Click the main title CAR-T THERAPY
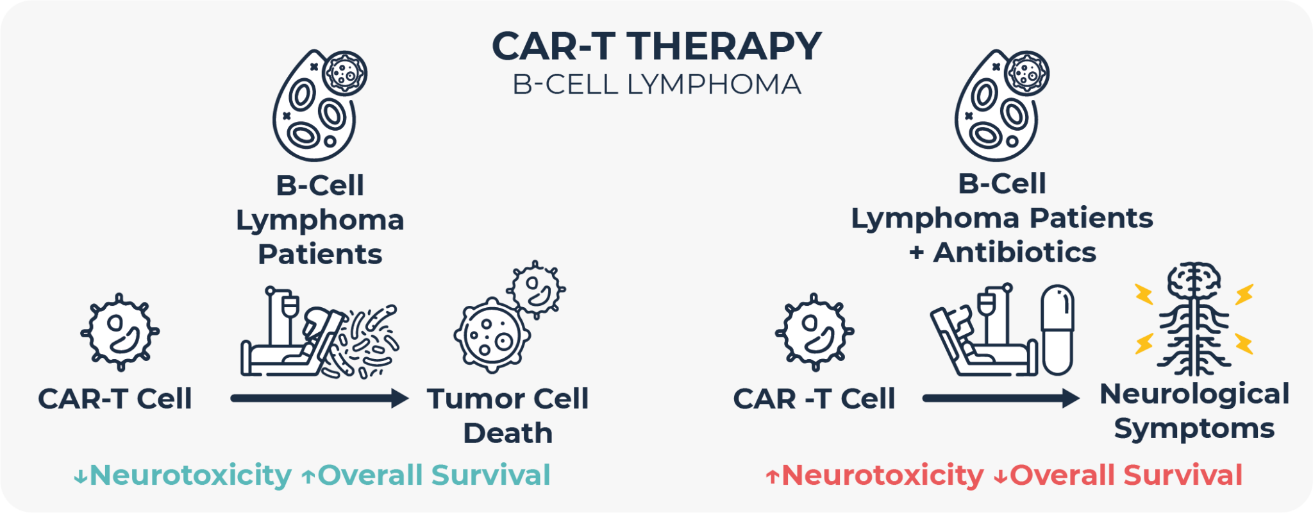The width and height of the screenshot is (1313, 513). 656,46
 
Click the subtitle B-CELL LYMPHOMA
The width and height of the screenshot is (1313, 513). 656,85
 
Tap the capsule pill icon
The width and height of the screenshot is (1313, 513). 1057,330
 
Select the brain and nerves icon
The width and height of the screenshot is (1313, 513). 1194,319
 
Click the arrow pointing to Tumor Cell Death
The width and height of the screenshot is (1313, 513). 319,398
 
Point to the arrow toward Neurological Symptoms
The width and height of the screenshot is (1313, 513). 1000,398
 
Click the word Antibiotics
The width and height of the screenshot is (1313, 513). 1014,252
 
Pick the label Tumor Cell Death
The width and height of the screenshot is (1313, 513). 507,416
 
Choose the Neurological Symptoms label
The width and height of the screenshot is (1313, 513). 1194,411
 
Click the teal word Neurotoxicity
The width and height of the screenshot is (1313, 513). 190,475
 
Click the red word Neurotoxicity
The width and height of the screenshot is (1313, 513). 882,475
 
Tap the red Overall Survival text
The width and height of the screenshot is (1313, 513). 1126,475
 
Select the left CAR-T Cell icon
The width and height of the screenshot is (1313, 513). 120,332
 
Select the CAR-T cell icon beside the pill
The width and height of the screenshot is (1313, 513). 814,332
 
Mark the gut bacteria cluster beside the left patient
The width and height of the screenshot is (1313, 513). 367,341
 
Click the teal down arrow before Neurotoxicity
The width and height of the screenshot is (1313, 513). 81,476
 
